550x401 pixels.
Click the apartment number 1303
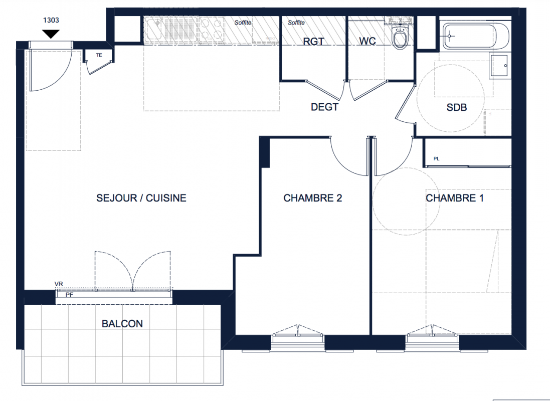coord(51,20)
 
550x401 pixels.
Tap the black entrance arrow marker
coord(51,34)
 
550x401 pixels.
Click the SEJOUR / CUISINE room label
coord(141,198)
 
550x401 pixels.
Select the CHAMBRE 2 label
coord(312,198)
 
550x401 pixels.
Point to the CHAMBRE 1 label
coord(455,198)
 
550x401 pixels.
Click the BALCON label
coord(122,323)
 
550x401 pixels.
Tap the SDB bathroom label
coord(457,107)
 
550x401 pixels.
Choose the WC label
coord(367,41)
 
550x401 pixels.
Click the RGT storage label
coord(313,42)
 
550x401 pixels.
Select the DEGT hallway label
coord(324,107)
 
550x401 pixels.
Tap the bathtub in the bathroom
coord(476,36)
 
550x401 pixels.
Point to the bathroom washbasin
coord(499,66)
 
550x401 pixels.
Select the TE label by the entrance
coord(99,55)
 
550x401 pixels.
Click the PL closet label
coord(436,158)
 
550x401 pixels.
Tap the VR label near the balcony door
coord(59,284)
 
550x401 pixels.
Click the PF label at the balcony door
coord(70,295)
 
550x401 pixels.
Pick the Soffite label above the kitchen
coord(243,23)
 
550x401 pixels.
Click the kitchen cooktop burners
coord(212,30)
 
